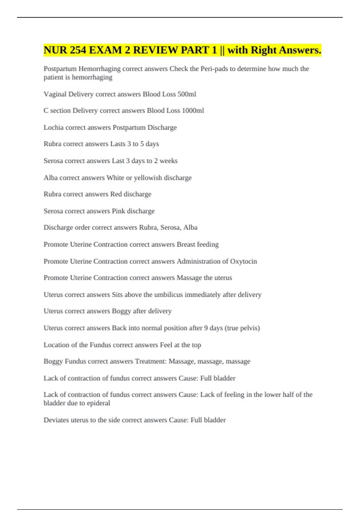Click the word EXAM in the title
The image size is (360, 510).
coord(107,50)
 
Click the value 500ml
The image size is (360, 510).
coord(187,94)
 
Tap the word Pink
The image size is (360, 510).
coord(118,211)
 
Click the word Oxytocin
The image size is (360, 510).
coord(243,261)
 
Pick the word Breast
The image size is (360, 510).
coord(186,244)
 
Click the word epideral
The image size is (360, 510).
coord(98,403)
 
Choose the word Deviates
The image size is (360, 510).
coord(56,420)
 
